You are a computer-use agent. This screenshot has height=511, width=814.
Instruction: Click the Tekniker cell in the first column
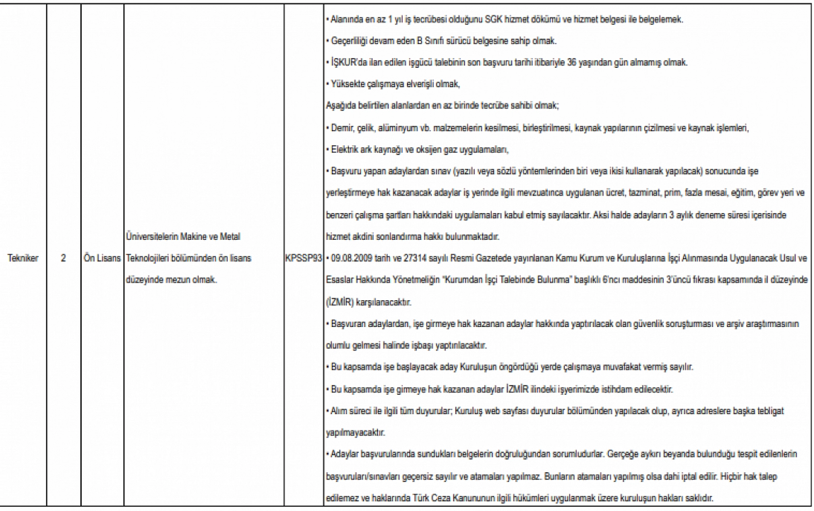[23, 258]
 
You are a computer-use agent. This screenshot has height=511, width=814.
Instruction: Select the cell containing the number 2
[63, 258]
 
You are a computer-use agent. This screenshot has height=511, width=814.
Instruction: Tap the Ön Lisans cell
[102, 258]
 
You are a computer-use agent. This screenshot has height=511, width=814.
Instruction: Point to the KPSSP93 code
[303, 258]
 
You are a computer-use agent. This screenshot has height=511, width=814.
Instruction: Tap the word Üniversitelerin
[151, 237]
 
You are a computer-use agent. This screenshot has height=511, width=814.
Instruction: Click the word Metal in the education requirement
[230, 237]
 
